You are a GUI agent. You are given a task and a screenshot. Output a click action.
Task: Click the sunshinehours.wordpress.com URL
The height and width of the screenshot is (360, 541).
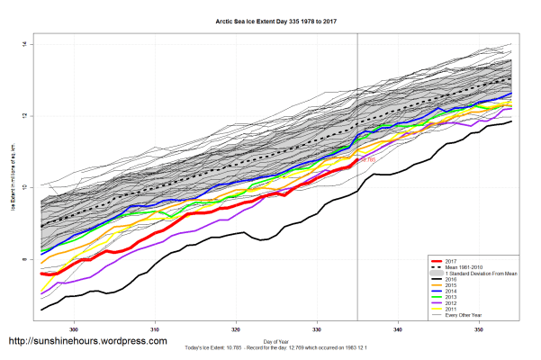click(x=87, y=342)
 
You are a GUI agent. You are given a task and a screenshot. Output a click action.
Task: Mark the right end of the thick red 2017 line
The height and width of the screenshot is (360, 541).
click(x=357, y=161)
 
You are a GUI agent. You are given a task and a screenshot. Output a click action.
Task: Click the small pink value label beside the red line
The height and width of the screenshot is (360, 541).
click(x=367, y=160)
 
